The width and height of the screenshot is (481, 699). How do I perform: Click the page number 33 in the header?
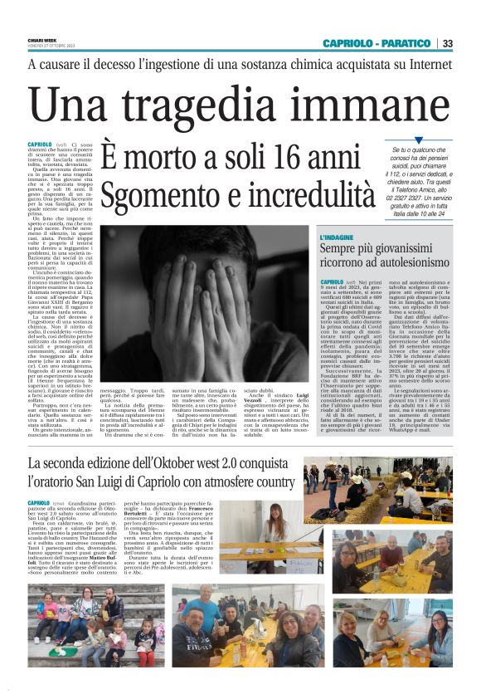pyautogui.click(x=447, y=43)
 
